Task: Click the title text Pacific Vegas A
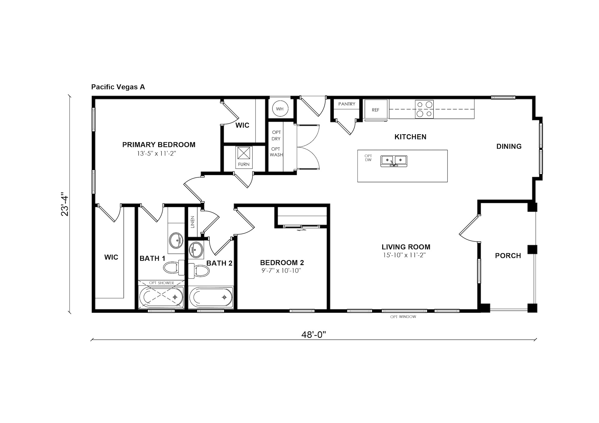[x=118, y=87]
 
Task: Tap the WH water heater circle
[x=280, y=109]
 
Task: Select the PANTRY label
[x=347, y=104]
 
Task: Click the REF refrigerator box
[x=376, y=109]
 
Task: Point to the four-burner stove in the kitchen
[x=424, y=109]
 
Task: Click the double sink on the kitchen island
[x=394, y=161]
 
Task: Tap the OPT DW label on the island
[x=368, y=158]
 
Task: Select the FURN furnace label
[x=244, y=164]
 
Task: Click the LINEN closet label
[x=192, y=222]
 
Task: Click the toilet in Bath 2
[x=199, y=270]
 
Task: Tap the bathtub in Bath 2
[x=211, y=297]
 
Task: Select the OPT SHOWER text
[x=161, y=283]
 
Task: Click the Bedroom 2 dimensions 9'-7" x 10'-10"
[x=281, y=270]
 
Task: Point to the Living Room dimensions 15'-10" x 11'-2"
[x=404, y=255]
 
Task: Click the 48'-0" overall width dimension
[x=314, y=335]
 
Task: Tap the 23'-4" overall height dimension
[x=65, y=204]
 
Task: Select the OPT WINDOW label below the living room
[x=403, y=317]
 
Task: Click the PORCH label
[x=508, y=256]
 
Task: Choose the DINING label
[x=509, y=146]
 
